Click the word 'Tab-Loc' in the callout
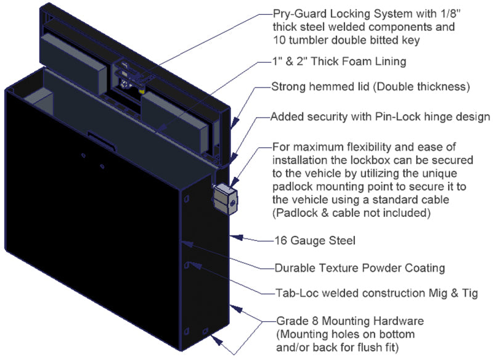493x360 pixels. (x=293, y=293)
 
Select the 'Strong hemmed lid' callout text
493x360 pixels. (x=320, y=87)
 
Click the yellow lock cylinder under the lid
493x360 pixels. (x=142, y=90)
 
